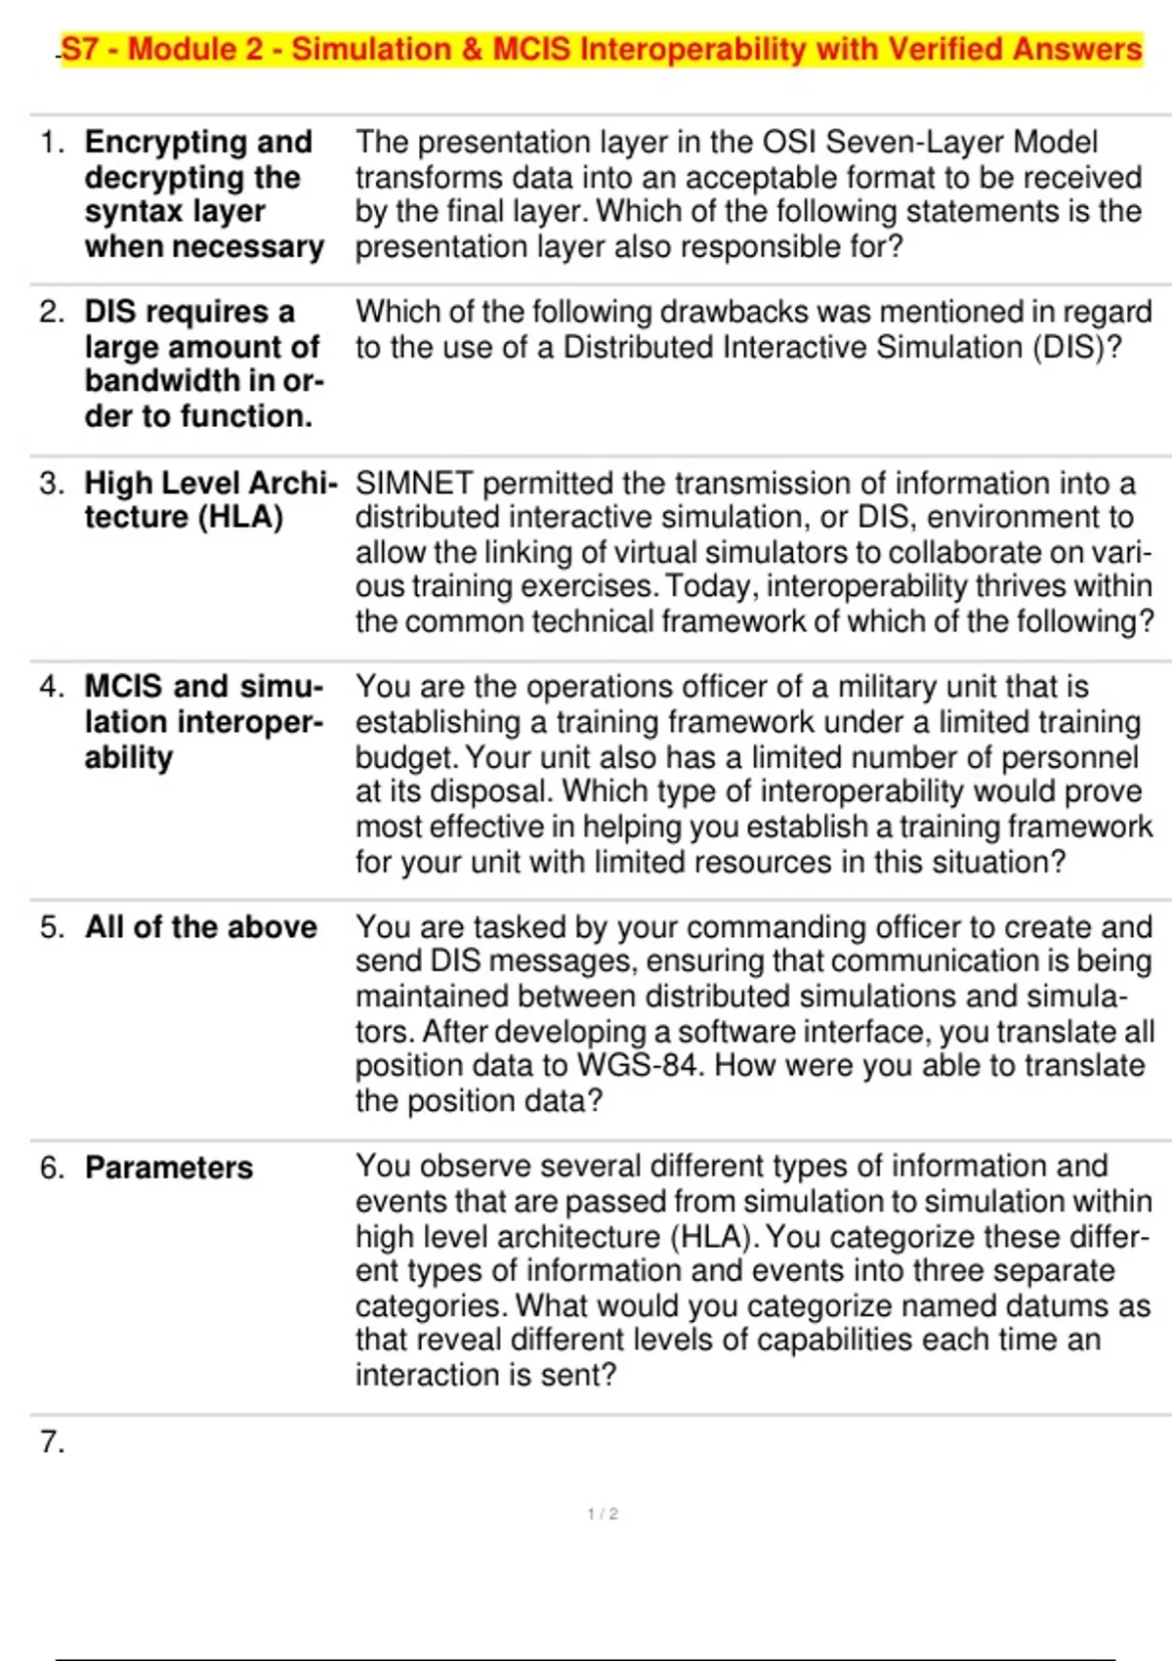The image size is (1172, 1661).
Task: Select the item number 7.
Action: pos(52,1441)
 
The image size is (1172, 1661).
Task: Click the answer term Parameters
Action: pos(169,1168)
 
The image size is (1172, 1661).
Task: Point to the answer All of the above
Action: pos(200,926)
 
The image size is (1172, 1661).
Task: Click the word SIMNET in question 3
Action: pos(414,483)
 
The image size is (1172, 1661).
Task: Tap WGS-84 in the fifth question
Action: pos(640,1065)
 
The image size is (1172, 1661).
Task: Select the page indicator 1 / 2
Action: pos(603,1513)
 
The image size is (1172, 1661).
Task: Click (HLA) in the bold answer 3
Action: pos(240,517)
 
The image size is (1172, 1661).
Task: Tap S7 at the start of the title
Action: pos(80,49)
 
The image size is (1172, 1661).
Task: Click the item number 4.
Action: pos(52,686)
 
